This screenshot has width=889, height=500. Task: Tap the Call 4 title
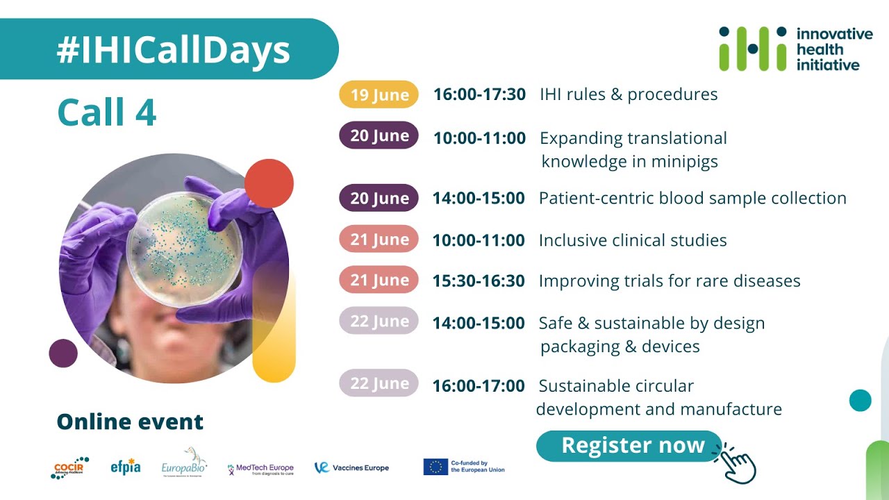coord(106,112)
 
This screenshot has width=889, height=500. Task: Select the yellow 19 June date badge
coord(379,95)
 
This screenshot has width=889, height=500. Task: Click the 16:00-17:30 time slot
coord(479,94)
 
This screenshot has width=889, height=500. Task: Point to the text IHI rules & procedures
coord(629,94)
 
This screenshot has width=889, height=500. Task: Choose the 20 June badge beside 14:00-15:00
coord(379,198)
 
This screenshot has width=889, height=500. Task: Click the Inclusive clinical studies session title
coord(633,240)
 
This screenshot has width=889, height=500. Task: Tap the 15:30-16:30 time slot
coord(479,281)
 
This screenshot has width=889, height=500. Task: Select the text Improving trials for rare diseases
coord(670,281)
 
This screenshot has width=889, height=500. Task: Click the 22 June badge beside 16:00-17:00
coord(379,383)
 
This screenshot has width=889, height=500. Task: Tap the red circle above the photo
coord(269,183)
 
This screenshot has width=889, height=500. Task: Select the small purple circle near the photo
coord(63,353)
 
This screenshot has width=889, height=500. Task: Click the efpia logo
coord(126,467)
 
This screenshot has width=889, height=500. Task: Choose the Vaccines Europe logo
coord(351,467)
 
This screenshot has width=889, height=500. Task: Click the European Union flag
coord(435,467)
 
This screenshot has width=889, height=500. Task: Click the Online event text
coord(130,422)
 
